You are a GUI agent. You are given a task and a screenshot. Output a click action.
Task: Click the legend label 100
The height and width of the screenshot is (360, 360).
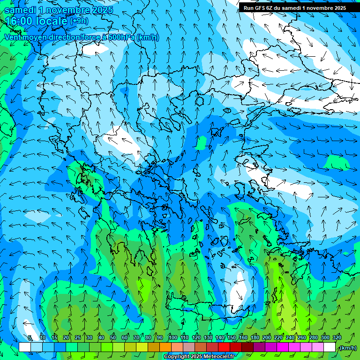(173, 337)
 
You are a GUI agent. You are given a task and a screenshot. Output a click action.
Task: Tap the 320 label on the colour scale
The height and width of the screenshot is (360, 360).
(337, 337)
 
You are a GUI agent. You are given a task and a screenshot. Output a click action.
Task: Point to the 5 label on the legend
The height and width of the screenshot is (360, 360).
(30, 337)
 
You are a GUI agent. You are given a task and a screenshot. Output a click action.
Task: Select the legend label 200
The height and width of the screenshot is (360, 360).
(267, 337)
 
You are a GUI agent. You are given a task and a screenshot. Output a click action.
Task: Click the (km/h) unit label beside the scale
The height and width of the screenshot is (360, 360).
(347, 347)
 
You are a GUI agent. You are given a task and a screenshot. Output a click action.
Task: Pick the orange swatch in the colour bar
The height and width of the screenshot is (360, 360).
(165, 347)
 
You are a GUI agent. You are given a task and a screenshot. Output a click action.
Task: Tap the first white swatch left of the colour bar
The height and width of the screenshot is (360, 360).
(25, 347)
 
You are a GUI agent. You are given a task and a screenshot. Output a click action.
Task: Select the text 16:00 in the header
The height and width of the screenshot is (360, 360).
(20, 21)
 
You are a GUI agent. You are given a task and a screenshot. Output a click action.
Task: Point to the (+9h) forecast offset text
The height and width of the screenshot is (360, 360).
(79, 21)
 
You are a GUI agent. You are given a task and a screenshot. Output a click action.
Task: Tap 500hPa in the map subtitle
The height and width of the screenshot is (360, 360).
(122, 37)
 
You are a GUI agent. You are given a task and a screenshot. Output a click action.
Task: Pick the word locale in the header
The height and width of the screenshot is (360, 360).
(52, 21)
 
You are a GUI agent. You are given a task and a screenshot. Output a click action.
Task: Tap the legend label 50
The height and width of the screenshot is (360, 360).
(112, 337)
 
